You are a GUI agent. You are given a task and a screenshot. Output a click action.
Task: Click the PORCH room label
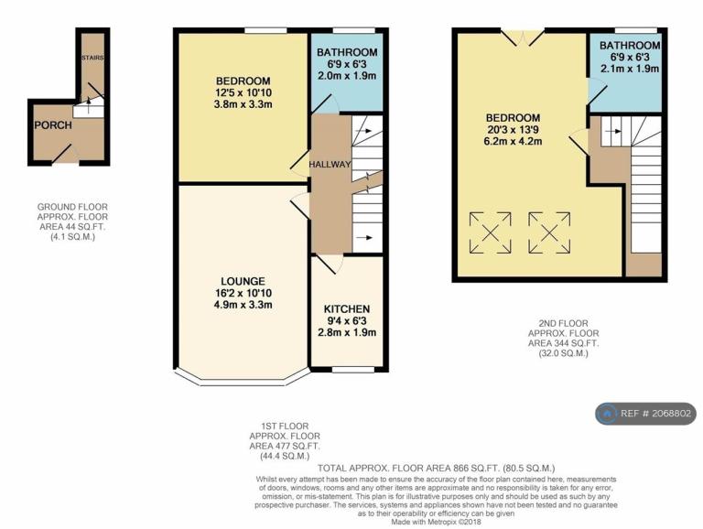point(53,125)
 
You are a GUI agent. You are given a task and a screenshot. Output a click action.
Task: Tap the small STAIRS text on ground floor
point(92,58)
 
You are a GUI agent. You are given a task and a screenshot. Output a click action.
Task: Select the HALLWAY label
point(330,165)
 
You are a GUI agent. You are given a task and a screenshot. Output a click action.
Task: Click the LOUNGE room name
point(243,282)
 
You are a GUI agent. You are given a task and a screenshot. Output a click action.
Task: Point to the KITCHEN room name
point(347,309)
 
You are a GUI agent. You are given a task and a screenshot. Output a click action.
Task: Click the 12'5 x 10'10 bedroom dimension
point(243,93)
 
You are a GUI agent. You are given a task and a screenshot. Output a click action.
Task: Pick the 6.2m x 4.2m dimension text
point(514,142)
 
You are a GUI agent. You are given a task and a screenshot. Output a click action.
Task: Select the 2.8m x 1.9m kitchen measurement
point(347,332)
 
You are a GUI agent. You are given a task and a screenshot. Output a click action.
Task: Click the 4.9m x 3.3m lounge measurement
point(243,306)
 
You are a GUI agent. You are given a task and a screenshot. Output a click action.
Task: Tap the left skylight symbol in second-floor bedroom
point(490,233)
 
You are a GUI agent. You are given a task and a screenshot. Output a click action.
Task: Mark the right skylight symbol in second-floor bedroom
point(549,233)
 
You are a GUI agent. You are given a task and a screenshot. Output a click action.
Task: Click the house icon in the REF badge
point(607,414)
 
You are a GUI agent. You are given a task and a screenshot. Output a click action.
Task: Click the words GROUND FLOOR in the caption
point(72,207)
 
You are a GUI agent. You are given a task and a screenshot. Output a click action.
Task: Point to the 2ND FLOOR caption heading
point(564,324)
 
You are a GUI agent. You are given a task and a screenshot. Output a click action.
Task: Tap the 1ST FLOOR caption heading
point(286,426)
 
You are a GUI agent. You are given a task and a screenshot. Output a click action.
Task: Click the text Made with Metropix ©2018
point(437,523)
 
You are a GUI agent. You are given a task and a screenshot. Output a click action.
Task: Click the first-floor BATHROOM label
point(347,52)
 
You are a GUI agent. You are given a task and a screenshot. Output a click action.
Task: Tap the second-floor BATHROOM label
point(630,45)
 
